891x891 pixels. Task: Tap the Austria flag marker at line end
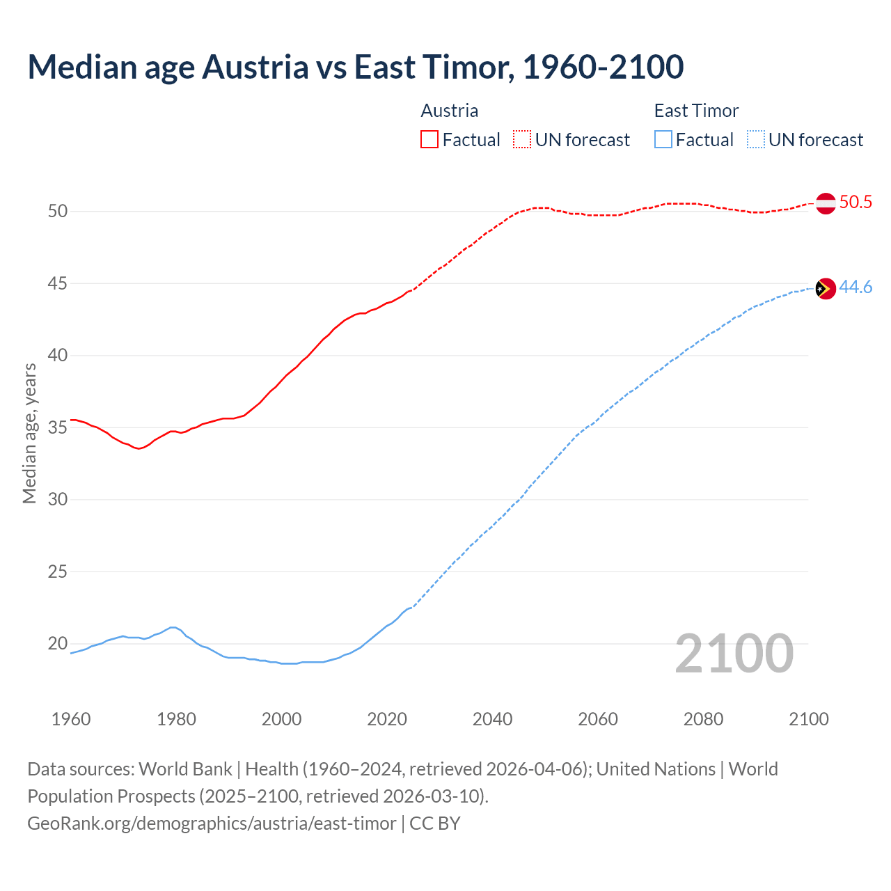(826, 203)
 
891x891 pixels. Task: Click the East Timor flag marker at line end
(826, 288)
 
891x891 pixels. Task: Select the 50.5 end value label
(855, 203)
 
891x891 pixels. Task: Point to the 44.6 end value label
(855, 287)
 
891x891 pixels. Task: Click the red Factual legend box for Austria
(429, 139)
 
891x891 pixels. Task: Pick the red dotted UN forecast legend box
(522, 139)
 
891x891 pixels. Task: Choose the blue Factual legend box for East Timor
(663, 139)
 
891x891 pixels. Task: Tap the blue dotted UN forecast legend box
(756, 139)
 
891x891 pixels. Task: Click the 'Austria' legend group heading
(450, 111)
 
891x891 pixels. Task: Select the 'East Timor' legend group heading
(696, 111)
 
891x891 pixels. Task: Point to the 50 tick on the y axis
(58, 211)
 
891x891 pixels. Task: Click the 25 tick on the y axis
(58, 571)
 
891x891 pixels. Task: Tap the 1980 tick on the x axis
(176, 719)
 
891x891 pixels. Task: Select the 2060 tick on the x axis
(598, 719)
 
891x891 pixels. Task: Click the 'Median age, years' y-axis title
(29, 433)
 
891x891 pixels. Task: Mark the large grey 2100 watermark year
(734, 653)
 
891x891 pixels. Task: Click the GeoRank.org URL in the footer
(212, 823)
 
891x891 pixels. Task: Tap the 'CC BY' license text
(435, 823)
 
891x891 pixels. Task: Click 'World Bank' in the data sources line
(185, 769)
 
